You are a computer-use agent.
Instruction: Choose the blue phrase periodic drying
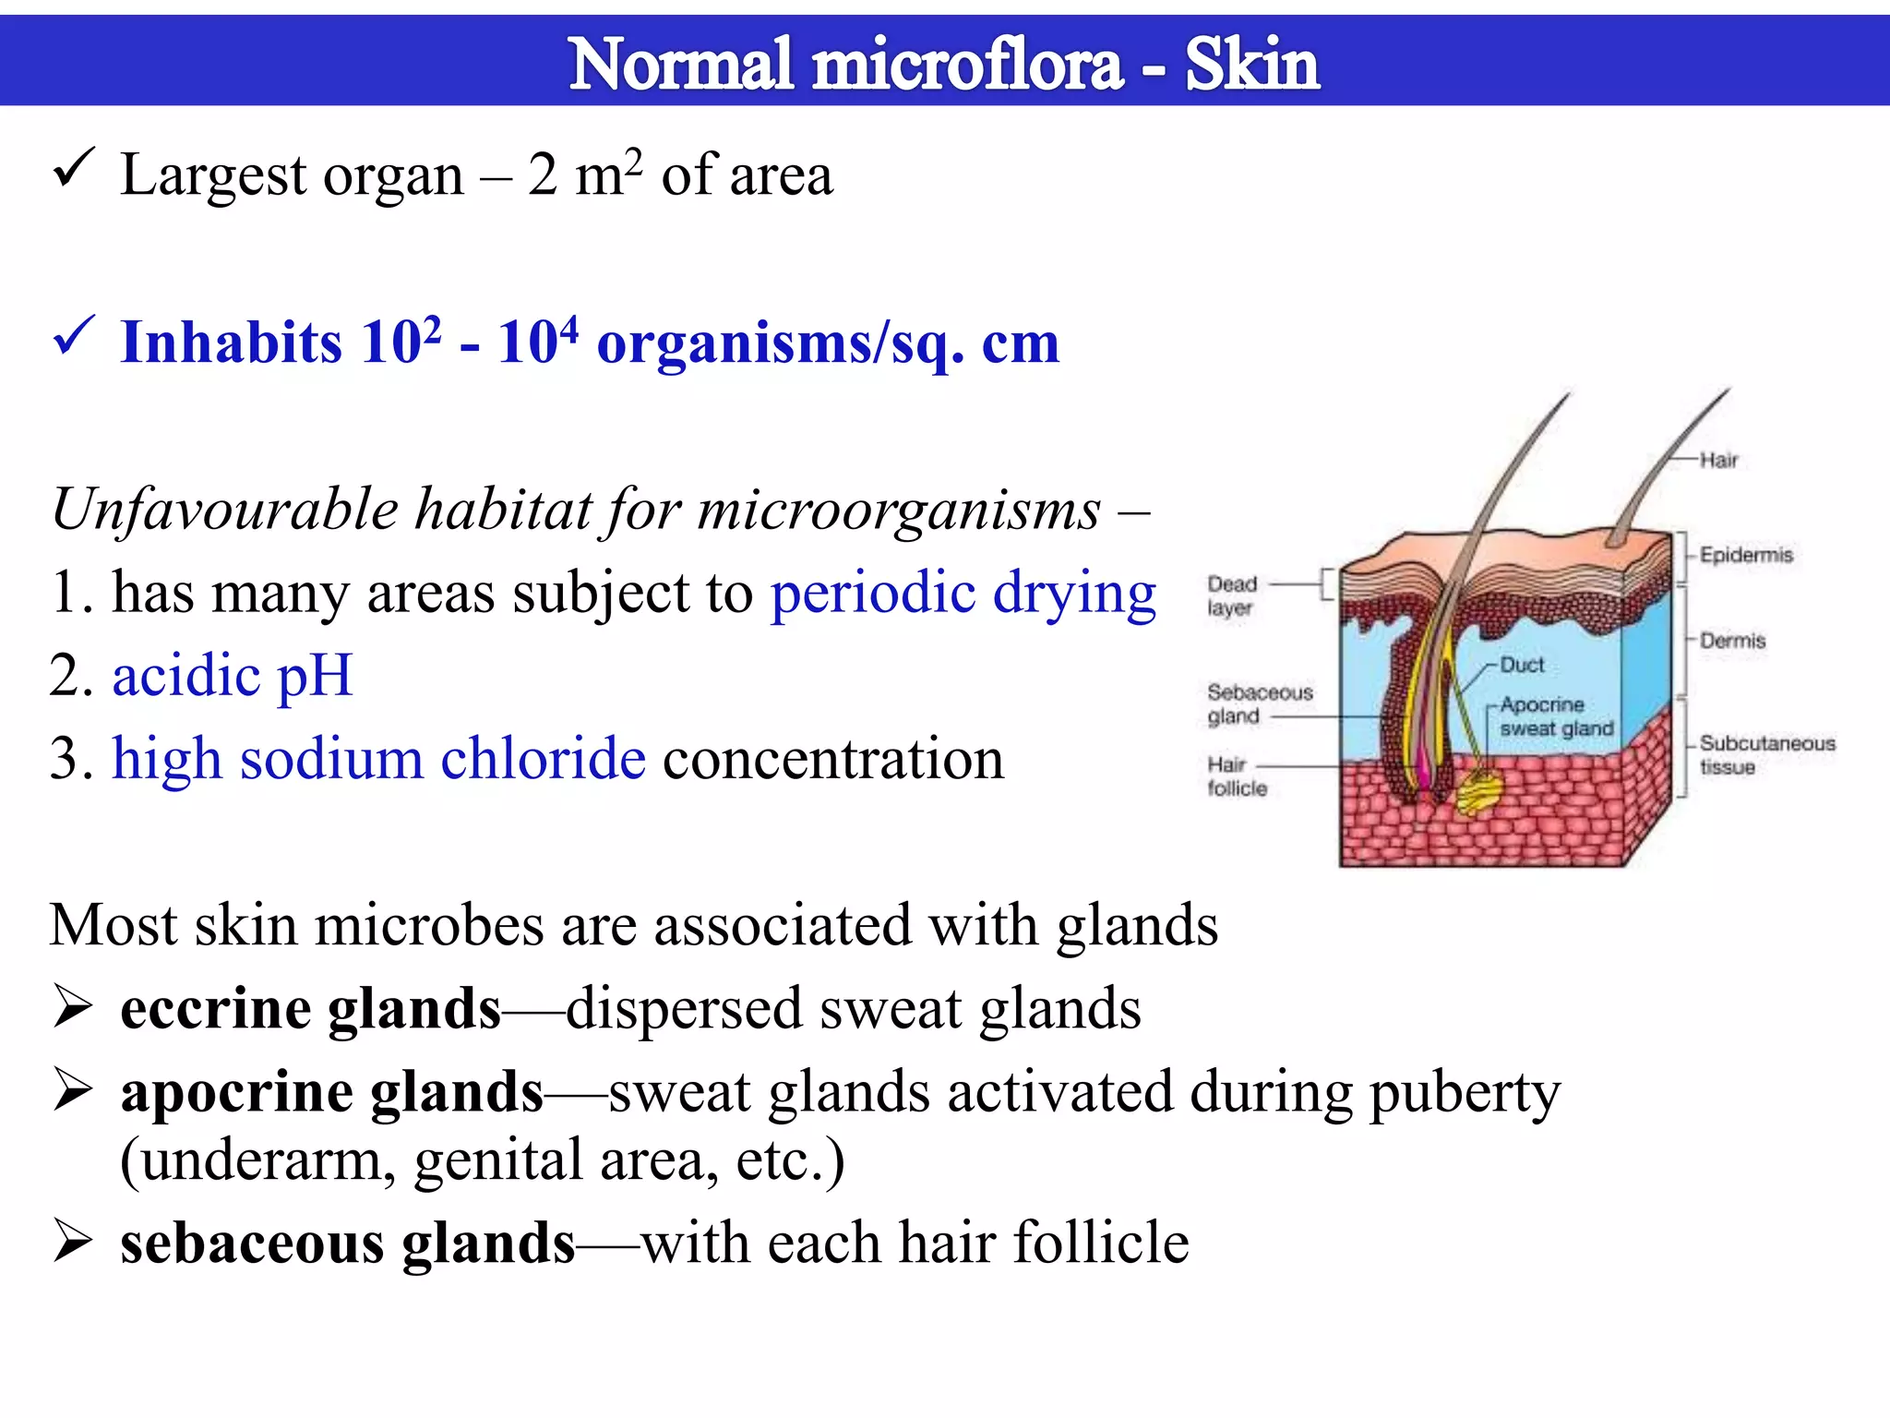click(x=963, y=593)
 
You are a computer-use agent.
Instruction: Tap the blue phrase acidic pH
click(x=233, y=676)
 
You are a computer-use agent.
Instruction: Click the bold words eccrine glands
click(x=310, y=1008)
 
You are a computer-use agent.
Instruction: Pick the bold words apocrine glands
click(x=331, y=1092)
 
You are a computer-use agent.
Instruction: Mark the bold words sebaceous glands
click(x=347, y=1243)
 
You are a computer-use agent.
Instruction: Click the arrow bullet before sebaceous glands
click(x=72, y=1240)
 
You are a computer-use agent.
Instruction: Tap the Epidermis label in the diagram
click(x=1745, y=555)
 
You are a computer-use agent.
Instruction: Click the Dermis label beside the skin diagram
click(x=1732, y=641)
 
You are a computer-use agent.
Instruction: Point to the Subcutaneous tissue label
click(x=1766, y=754)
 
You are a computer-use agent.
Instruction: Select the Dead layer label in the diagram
click(x=1231, y=595)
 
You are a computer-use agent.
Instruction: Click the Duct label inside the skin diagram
click(x=1521, y=665)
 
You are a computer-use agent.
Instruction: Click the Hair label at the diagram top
click(x=1718, y=460)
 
